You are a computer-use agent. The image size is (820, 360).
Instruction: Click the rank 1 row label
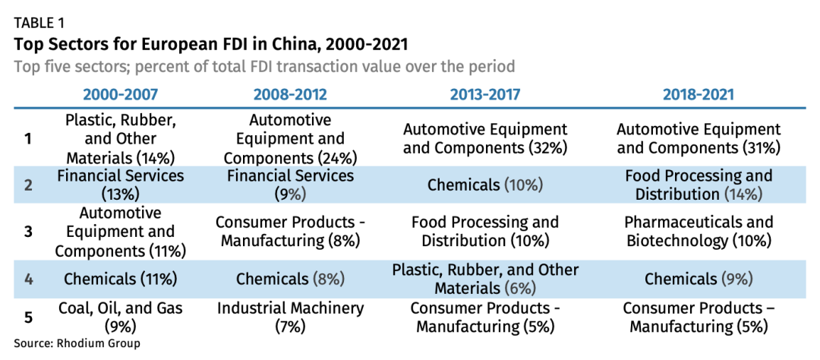(29, 139)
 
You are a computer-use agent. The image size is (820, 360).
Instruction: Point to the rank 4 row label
(29, 279)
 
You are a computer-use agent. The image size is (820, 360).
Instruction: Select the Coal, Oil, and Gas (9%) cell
(121, 317)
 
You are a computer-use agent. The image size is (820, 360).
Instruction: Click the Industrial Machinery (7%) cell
(290, 317)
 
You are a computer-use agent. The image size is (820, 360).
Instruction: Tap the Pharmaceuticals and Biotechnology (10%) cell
(698, 232)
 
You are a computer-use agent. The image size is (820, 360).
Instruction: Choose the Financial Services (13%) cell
(121, 185)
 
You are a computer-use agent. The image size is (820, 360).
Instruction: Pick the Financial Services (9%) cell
(290, 185)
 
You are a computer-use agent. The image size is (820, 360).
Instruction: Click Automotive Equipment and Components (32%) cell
(485, 138)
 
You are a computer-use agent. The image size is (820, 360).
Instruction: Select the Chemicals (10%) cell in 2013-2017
(485, 185)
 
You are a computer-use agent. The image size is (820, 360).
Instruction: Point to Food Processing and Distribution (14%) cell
(698, 185)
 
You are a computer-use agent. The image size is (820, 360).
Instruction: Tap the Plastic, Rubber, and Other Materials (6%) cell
(485, 279)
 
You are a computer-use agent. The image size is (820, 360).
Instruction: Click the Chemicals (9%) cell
(698, 279)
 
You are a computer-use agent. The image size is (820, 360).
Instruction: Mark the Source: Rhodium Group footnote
(77, 343)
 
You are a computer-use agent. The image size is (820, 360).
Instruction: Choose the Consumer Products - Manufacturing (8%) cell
(290, 232)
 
